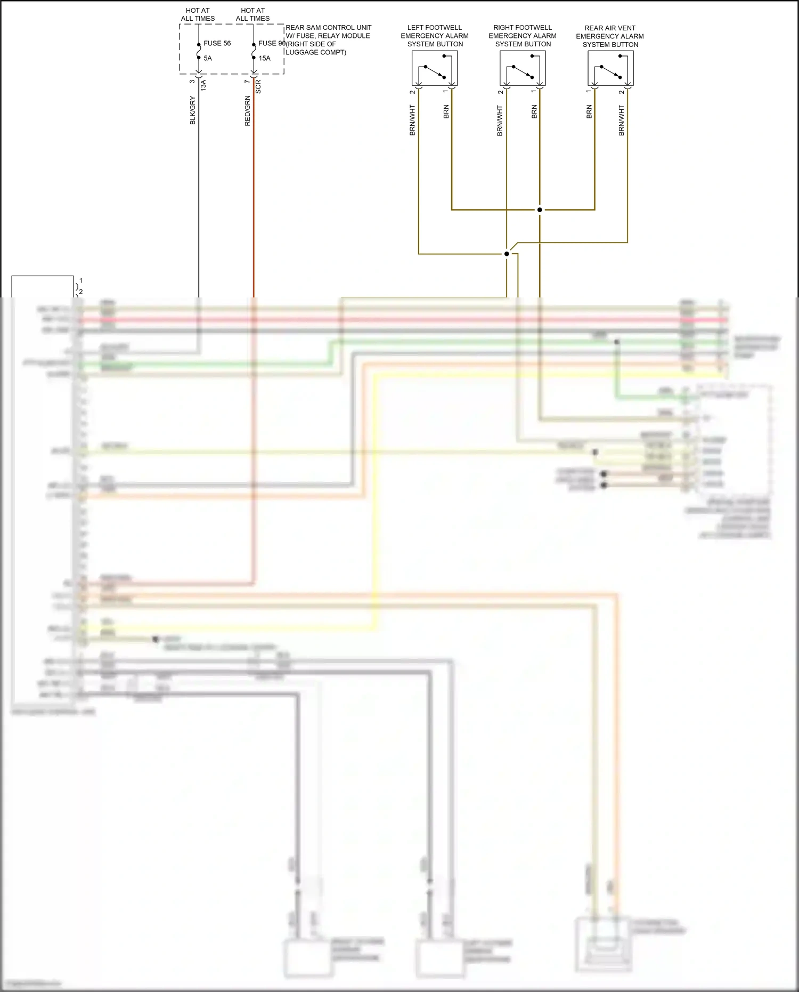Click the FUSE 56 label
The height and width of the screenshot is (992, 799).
217,43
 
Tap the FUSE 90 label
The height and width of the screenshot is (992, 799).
272,43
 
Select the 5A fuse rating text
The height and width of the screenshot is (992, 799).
208,58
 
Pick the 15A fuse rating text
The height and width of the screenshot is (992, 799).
265,58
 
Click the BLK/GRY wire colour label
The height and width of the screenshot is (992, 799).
193,110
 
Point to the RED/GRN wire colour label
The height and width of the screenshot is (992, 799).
247,111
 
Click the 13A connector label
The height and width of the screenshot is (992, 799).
203,85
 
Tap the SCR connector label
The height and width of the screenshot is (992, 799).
258,87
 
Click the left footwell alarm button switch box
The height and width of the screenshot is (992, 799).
435,68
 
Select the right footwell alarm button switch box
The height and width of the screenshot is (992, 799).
523,68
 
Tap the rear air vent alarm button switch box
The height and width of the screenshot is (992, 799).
610,68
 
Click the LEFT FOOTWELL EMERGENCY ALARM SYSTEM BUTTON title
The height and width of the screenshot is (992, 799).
435,36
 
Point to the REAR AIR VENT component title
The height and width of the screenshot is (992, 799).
610,36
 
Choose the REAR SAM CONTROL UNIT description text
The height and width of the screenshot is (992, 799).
328,40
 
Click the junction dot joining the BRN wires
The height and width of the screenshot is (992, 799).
540,209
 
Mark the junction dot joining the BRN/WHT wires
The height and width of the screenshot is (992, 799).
507,254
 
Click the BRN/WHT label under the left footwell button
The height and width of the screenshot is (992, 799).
412,120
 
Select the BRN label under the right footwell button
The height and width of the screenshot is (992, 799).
534,111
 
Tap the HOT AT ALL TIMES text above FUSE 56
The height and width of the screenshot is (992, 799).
198,14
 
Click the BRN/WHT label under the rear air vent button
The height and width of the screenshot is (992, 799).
621,120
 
